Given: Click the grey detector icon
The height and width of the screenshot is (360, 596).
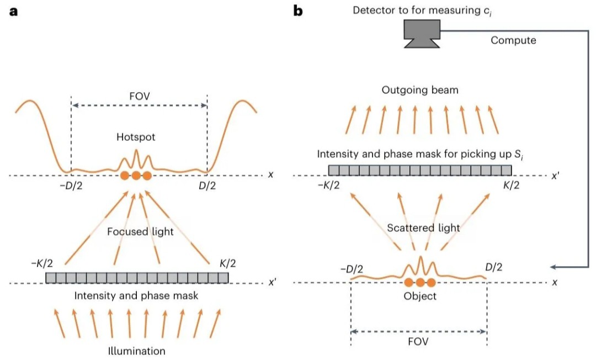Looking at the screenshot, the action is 422,34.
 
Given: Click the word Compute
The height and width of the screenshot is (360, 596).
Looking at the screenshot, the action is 513,41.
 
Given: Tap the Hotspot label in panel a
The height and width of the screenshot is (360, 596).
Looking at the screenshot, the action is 136,137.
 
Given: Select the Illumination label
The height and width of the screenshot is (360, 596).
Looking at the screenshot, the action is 136,351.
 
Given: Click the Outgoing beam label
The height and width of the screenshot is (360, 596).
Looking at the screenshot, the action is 420,91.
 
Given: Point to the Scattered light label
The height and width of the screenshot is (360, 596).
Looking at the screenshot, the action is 423,228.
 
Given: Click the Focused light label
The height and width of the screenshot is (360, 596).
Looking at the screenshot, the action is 140,232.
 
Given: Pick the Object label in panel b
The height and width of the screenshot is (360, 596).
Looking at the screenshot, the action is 420,296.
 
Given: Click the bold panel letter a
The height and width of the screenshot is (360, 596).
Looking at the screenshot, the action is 13,12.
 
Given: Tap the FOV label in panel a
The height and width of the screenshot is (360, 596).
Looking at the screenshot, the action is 140,97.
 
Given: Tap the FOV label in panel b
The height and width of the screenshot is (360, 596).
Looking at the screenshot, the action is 418,342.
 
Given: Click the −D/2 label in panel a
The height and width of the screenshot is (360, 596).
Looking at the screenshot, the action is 71,187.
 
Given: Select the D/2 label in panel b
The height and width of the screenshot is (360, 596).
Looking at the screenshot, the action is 494,268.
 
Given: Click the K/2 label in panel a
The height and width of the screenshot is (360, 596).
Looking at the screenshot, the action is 228,263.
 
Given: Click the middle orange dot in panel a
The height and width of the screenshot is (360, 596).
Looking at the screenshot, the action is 136,176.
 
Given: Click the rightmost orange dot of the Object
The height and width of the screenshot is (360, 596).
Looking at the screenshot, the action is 431,283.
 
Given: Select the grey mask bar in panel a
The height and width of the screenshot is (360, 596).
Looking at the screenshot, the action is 137,278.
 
